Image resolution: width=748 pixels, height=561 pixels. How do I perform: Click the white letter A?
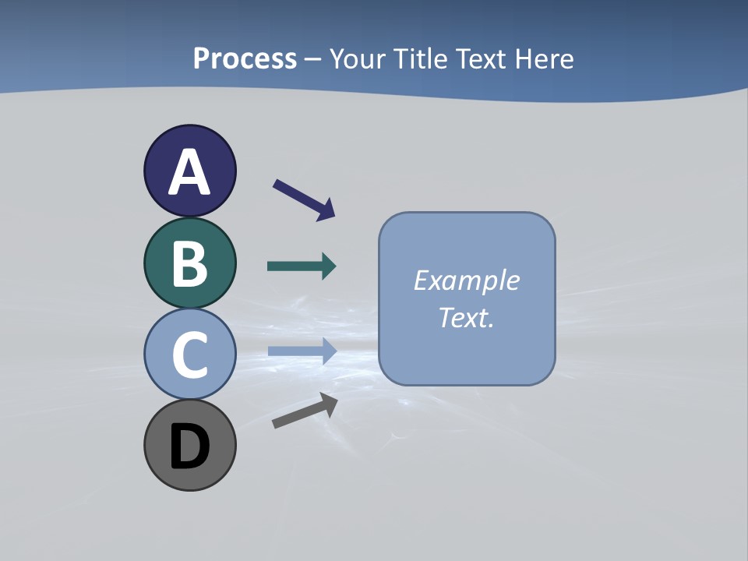(190, 172)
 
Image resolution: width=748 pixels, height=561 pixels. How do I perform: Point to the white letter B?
(190, 263)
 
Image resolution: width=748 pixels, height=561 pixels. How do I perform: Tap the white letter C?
(190, 355)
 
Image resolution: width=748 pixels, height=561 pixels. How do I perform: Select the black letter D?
(190, 446)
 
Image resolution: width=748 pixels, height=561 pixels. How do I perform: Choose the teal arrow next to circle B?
(301, 266)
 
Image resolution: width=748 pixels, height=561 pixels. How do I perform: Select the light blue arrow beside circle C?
(301, 351)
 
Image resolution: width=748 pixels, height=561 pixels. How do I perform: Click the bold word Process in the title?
(245, 59)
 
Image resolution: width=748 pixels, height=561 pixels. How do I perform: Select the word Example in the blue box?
(467, 280)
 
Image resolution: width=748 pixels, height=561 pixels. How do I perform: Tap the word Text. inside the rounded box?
(467, 317)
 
